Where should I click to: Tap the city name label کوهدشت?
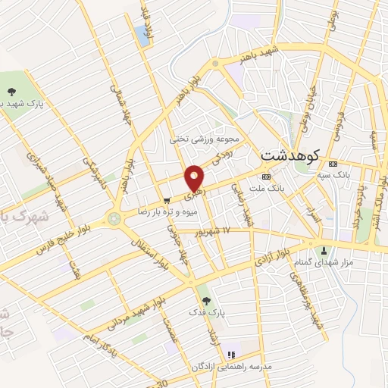291,154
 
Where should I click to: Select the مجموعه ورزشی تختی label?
204,139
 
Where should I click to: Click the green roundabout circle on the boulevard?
114,218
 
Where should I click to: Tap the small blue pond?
141,33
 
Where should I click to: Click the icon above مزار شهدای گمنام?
325,251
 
